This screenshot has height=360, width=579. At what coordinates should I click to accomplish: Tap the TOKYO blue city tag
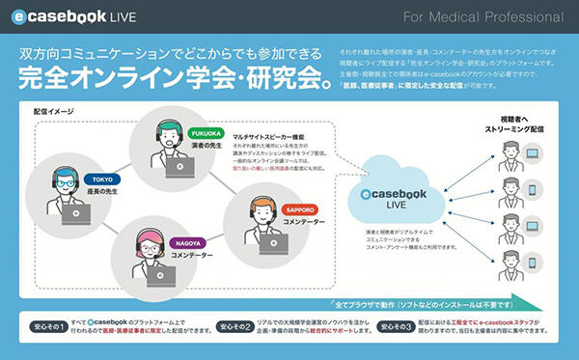[x=101, y=180]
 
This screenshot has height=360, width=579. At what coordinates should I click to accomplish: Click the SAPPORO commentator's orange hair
[x=263, y=202]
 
